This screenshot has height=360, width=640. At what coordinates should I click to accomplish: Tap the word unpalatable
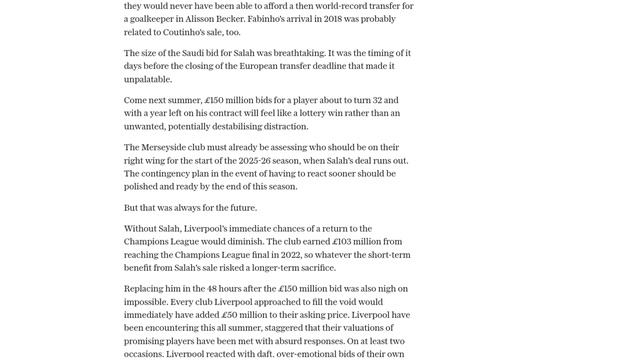tap(148, 79)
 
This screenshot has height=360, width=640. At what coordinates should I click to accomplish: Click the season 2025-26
tap(299, 160)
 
